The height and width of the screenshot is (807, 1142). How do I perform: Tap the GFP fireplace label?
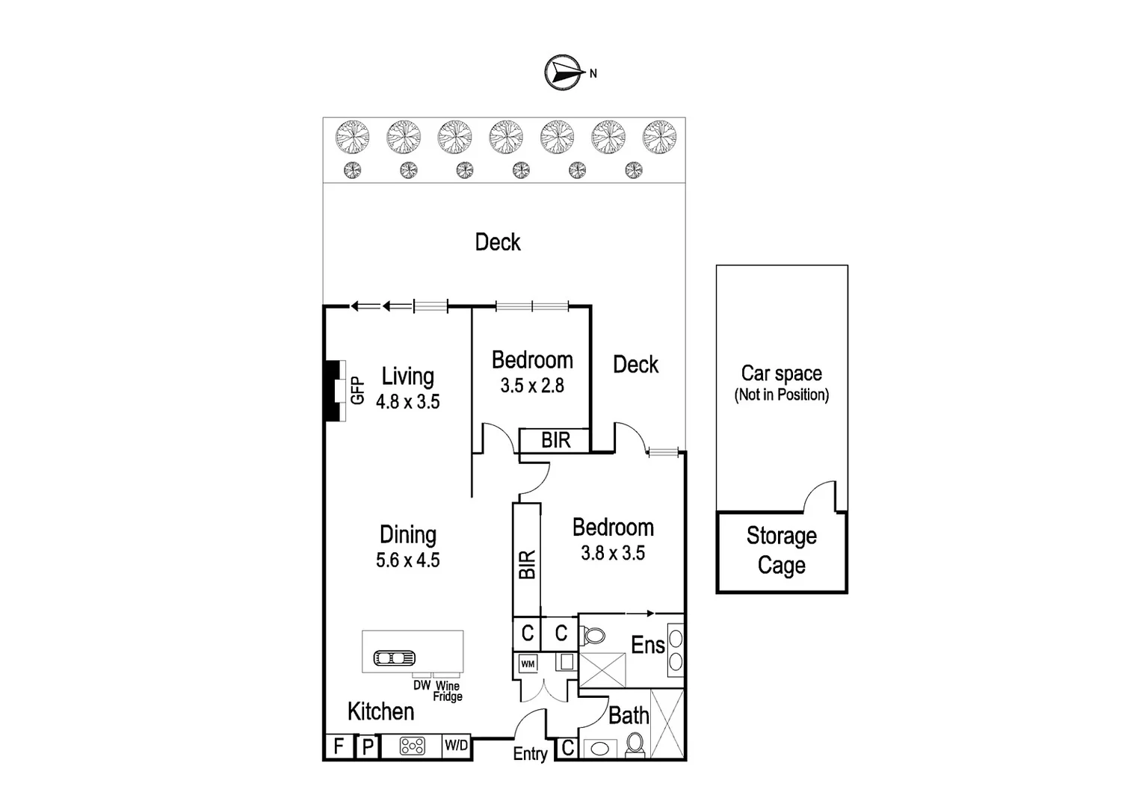(x=357, y=391)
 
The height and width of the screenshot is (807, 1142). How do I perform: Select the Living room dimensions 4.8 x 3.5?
(x=407, y=402)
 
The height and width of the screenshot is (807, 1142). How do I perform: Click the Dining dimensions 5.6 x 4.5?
(x=407, y=560)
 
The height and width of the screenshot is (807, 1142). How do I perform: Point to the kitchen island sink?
(x=394, y=658)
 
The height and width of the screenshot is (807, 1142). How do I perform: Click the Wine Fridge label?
(x=448, y=691)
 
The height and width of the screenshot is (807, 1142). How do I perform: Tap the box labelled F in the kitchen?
(x=339, y=746)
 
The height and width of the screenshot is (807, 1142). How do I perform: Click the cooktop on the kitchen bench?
(x=413, y=746)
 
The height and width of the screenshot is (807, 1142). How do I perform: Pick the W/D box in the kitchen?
(x=456, y=746)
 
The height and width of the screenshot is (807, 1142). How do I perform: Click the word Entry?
(x=530, y=754)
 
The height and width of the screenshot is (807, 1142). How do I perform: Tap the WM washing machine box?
(x=528, y=664)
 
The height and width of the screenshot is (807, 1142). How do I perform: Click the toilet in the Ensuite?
(x=594, y=637)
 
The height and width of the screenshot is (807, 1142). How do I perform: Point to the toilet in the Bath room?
(x=635, y=744)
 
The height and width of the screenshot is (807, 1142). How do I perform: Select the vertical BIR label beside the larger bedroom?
(x=527, y=565)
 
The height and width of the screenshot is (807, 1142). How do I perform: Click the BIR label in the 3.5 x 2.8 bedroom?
(x=555, y=440)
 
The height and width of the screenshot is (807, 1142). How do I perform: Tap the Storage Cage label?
(x=781, y=551)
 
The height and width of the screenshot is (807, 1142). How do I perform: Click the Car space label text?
(x=781, y=374)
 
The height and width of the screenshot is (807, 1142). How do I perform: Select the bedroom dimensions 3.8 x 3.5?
(x=612, y=553)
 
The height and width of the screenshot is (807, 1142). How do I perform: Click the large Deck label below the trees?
(x=498, y=242)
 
